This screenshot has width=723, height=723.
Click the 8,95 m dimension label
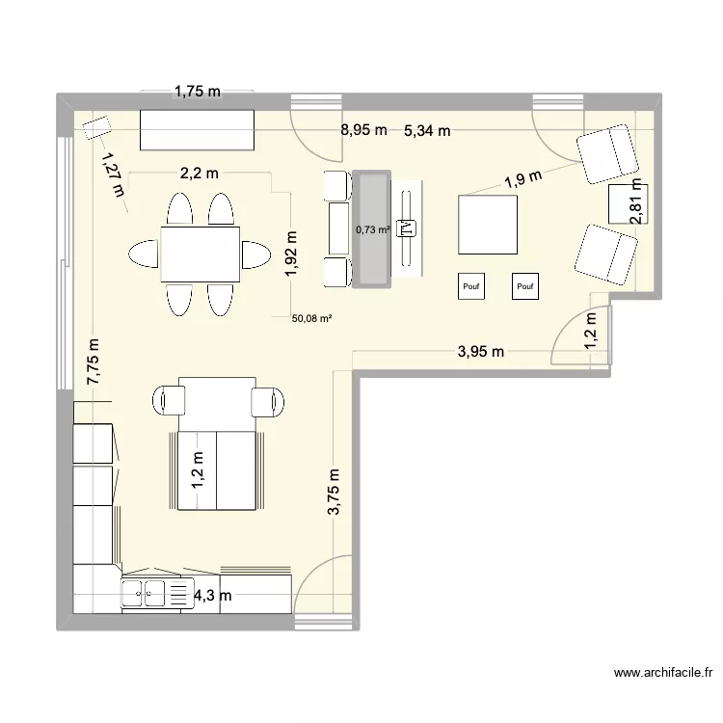coord(362,131)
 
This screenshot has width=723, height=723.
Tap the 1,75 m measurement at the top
coord(197,93)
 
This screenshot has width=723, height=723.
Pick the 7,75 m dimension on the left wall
coord(94,362)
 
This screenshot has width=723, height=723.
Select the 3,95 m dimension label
coord(480,352)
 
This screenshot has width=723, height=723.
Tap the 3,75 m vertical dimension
coord(335,494)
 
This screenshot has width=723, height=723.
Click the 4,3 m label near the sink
coord(213,596)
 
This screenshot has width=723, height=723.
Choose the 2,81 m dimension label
coord(635,203)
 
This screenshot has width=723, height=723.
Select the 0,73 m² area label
coord(372,229)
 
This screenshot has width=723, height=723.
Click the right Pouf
coord(525,285)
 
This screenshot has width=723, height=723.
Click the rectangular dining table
coord(200,253)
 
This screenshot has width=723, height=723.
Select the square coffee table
coord(488,224)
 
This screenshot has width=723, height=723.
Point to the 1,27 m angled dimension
coord(112,174)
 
